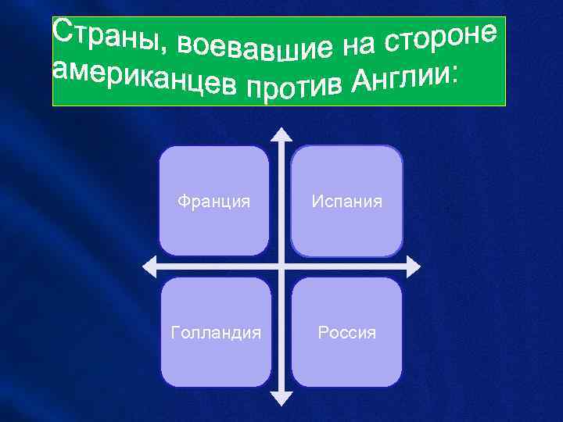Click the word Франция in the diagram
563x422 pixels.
point(213,202)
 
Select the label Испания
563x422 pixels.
point(347,202)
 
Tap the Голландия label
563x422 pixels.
point(216,333)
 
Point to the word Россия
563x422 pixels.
point(347,333)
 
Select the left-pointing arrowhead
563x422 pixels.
point(148,266)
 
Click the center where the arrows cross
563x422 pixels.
point(281,266)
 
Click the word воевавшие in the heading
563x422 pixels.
point(253,49)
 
